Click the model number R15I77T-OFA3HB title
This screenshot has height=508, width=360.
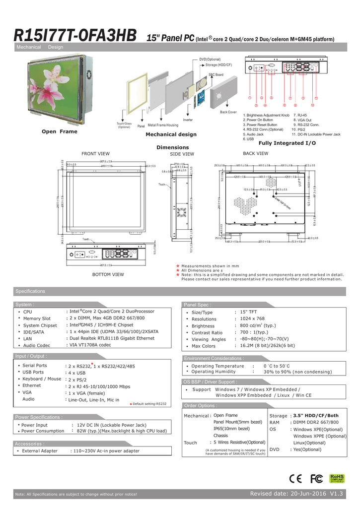(x=75, y=36)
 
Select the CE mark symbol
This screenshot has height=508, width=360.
(x=296, y=478)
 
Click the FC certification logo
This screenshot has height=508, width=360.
(x=317, y=478)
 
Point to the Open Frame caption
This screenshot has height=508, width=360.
(x=60, y=131)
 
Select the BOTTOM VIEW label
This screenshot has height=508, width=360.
(x=108, y=274)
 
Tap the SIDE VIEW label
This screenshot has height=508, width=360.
(x=182, y=154)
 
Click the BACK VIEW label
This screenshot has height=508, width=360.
(x=256, y=154)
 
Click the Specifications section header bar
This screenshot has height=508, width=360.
(x=30, y=291)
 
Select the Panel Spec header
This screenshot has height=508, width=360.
(x=198, y=305)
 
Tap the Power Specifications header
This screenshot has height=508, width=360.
(x=39, y=417)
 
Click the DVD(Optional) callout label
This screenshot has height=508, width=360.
(x=210, y=60)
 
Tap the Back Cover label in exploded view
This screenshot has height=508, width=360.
(x=228, y=113)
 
